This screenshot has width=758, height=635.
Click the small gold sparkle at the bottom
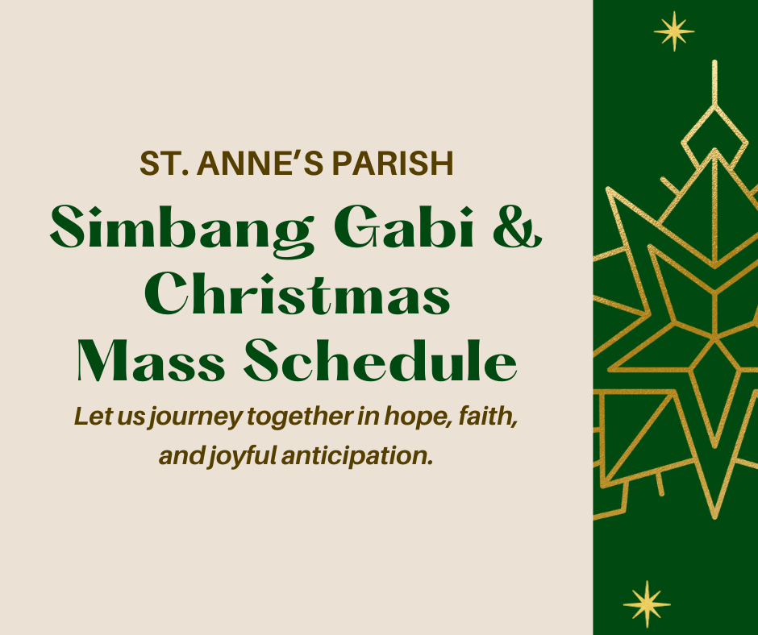pyautogui.click(x=647, y=604)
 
